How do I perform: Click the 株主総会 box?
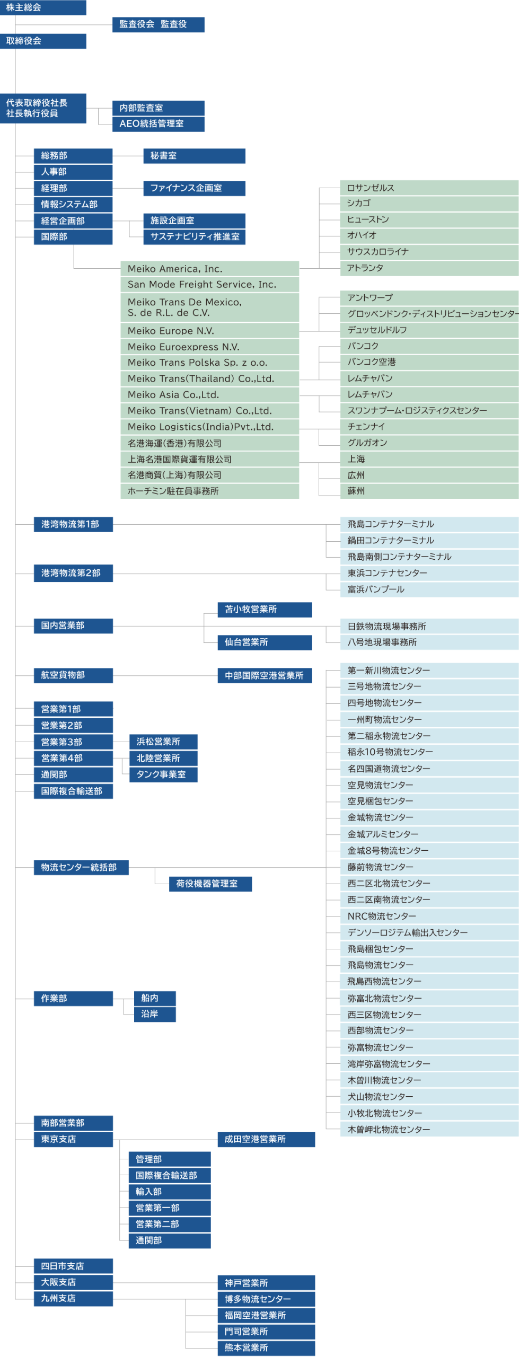click(43, 7)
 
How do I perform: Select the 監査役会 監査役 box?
click(158, 24)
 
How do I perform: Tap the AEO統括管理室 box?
click(158, 124)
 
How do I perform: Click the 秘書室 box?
click(194, 156)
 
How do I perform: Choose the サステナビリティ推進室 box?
click(194, 237)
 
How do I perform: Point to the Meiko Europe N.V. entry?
click(209, 331)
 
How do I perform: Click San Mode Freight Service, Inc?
click(209, 285)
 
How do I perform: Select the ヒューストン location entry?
click(429, 219)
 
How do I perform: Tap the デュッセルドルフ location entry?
click(429, 330)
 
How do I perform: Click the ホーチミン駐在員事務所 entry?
click(209, 491)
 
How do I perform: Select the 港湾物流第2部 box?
click(73, 574)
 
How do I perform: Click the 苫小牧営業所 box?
click(265, 610)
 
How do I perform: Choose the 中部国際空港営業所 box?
click(265, 676)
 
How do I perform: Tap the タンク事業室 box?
click(163, 775)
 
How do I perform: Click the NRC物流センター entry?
click(429, 917)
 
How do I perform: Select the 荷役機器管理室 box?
click(210, 884)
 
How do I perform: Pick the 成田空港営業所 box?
click(266, 1140)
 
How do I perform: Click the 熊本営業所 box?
click(266, 1348)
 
